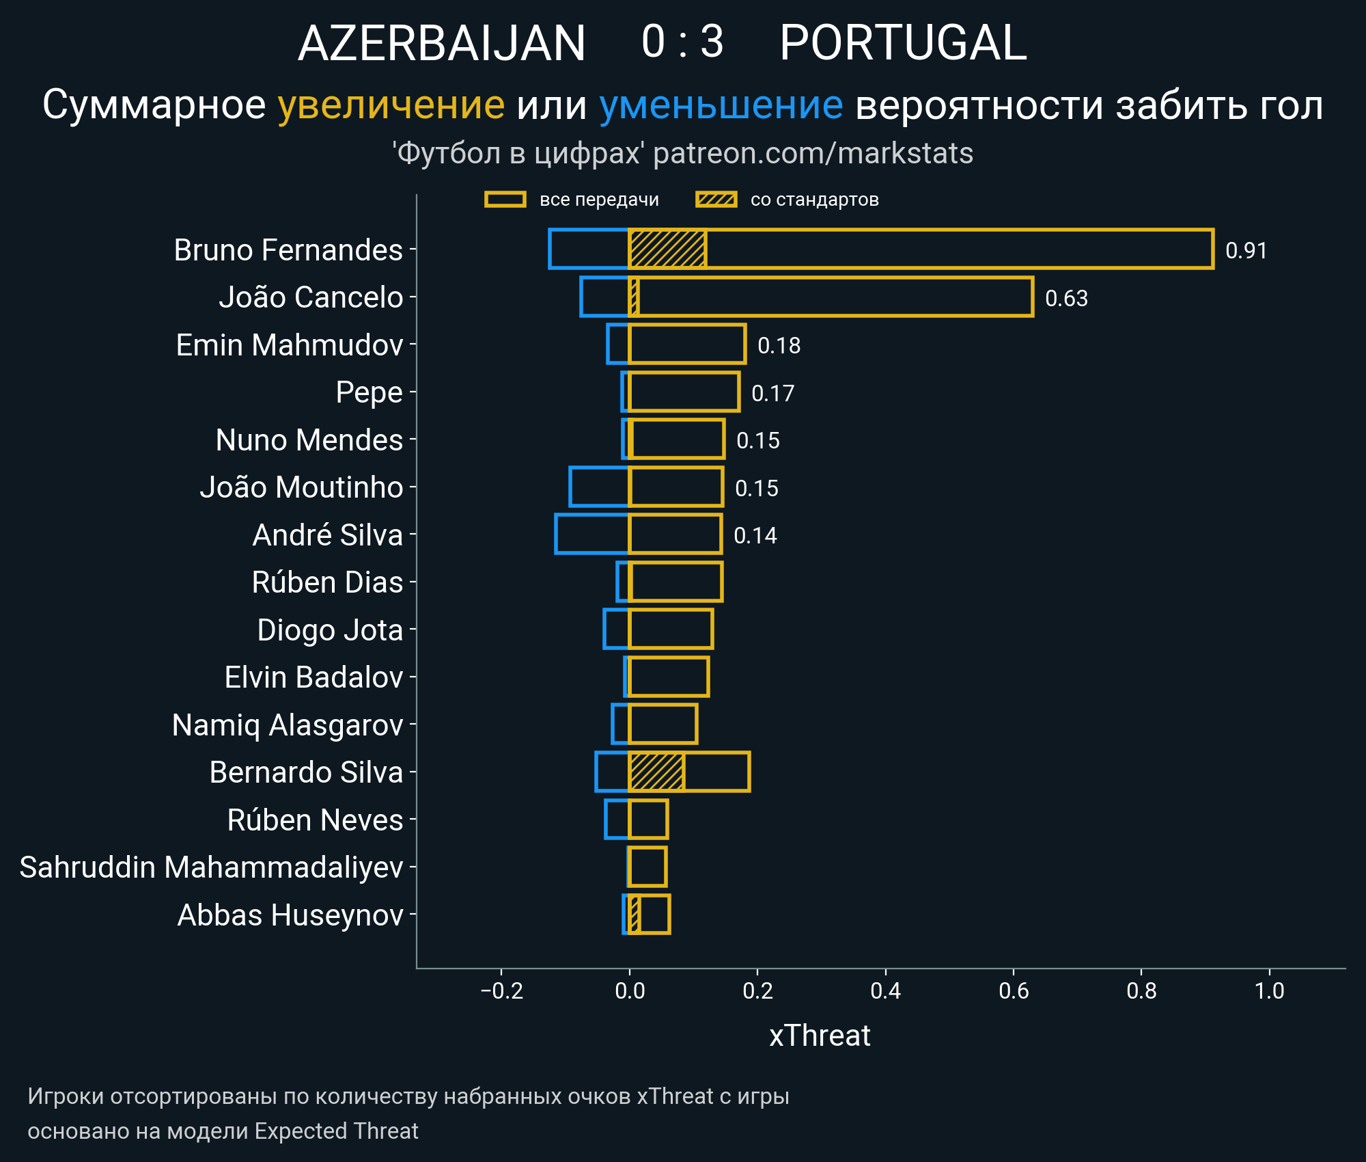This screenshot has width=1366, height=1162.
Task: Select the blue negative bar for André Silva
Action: pos(592,534)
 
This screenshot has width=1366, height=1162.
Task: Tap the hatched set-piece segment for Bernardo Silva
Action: pos(656,772)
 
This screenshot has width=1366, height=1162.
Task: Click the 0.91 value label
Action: pos(1246,251)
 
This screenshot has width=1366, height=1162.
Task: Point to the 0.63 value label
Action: pos(1066,299)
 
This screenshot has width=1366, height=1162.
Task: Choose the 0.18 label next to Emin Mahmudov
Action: pos(779,346)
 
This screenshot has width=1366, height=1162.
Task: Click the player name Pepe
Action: pos(369,392)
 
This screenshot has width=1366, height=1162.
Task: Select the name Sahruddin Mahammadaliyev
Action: pos(211,867)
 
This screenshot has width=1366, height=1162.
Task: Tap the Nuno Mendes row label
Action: pos(309,440)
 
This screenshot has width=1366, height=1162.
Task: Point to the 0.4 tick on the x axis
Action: pos(885,990)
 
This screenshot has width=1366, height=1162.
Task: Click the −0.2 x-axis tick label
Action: pos(501,990)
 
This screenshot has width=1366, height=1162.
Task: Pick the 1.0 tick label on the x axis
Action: pos(1269,990)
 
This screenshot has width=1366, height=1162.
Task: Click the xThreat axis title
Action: pos(820,1036)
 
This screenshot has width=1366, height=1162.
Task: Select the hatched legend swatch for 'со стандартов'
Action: pos(716,200)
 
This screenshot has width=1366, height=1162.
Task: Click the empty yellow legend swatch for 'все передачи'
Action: pos(505,200)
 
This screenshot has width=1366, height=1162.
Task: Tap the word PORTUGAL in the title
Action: pos(903,43)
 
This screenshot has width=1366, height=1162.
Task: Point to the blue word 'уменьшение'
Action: pos(721,105)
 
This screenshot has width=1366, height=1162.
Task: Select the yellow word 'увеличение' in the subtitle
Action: pos(391,105)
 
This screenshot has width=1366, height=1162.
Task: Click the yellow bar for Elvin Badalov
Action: pos(669,677)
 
